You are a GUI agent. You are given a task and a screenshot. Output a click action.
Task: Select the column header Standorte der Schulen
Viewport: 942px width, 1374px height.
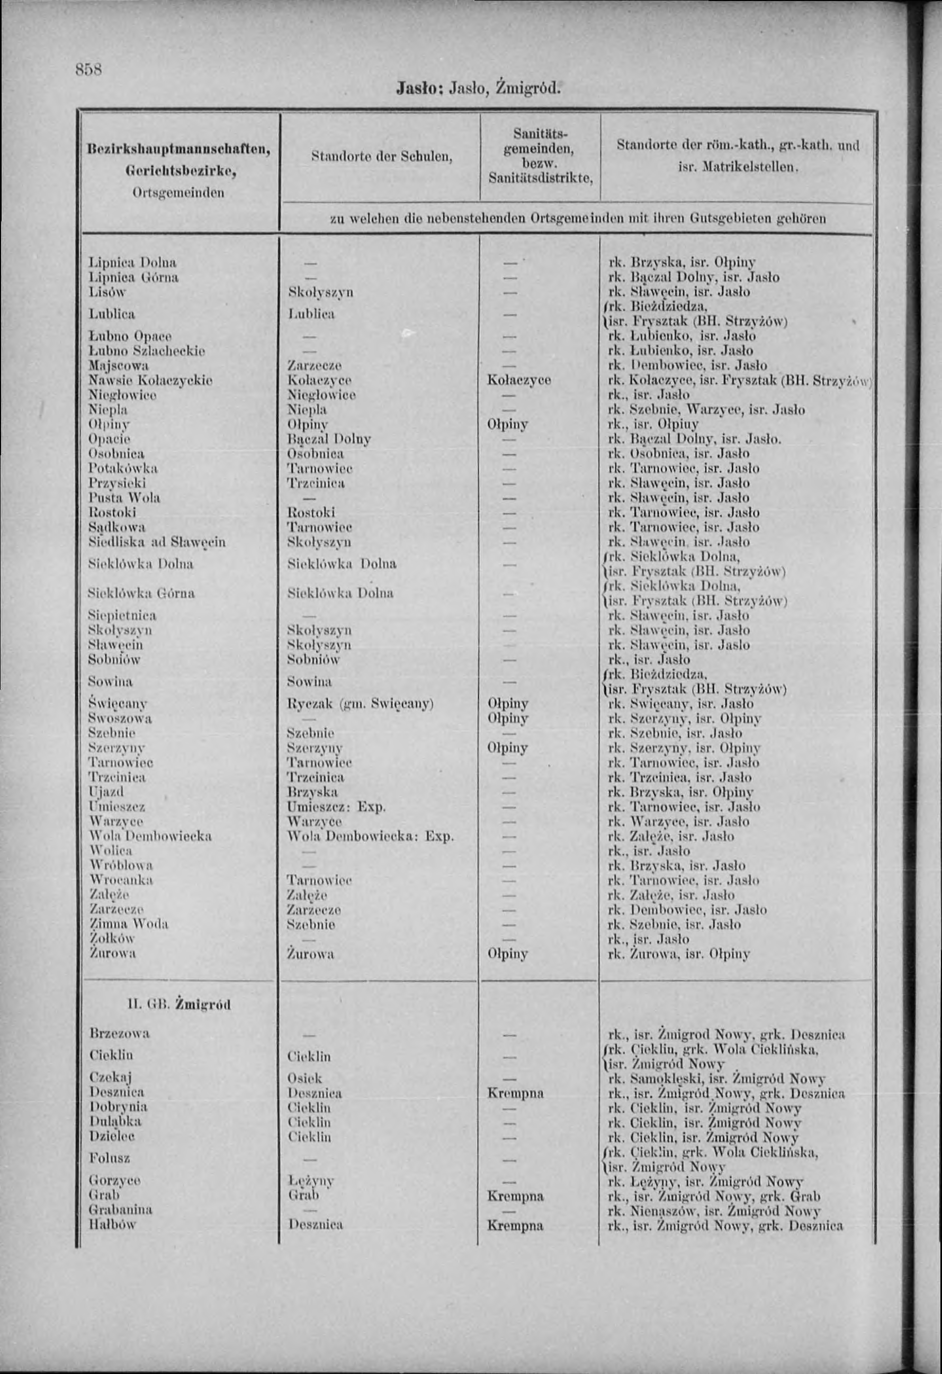[x=381, y=157]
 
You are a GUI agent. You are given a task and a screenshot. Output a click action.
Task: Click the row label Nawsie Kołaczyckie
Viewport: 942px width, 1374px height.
[x=150, y=380]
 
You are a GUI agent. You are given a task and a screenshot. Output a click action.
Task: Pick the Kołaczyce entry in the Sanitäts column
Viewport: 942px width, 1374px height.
[x=518, y=380]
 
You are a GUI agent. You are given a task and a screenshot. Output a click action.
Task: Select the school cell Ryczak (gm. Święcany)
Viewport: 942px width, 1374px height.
[x=360, y=704]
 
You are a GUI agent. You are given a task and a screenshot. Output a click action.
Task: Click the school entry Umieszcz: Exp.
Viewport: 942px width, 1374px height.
[x=336, y=807]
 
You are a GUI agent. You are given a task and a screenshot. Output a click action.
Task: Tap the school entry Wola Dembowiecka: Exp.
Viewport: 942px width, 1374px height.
[x=370, y=837]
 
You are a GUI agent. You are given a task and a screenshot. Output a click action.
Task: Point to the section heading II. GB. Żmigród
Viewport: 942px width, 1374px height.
[x=179, y=1004]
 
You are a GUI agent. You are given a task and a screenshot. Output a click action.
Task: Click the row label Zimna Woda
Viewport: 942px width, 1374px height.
[x=128, y=924]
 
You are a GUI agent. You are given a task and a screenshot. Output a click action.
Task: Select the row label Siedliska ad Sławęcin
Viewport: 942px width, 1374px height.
[x=157, y=542]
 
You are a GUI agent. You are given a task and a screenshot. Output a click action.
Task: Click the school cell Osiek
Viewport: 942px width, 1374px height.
[x=304, y=1078]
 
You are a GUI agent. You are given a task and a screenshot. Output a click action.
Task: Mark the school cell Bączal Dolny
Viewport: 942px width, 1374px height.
[x=329, y=439]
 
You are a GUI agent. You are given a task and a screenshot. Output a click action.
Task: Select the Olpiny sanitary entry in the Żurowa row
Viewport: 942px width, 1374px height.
[x=507, y=954]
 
